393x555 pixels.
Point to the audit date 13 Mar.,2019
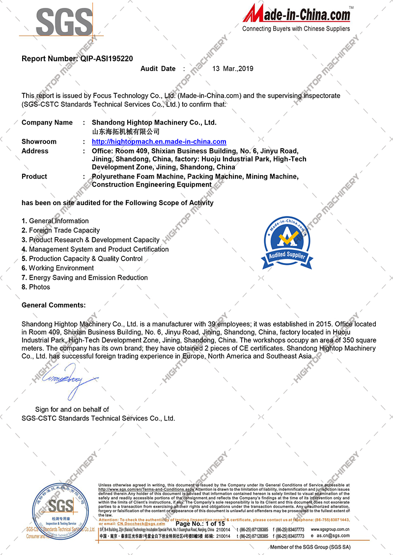(x=232, y=69)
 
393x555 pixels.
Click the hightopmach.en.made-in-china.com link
(x=159, y=142)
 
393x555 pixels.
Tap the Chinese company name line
(x=126, y=132)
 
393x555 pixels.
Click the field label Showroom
(x=39, y=142)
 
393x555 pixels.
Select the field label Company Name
(x=47, y=123)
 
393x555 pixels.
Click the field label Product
(x=34, y=177)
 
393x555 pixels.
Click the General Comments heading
(x=54, y=305)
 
